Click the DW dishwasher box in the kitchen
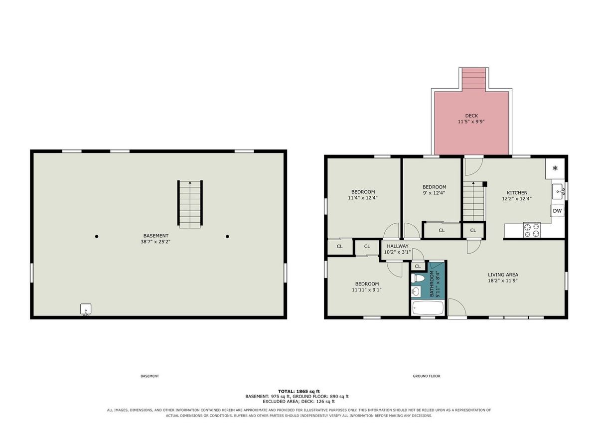pos(557,211)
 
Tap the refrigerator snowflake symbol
pos(555,168)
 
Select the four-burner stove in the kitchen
pos(532,230)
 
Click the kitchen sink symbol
pos(558,191)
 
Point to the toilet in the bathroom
pos(418,279)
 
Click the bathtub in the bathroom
pos(428,308)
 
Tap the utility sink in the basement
pos(86,309)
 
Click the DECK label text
pos(471,116)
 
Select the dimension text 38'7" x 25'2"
pos(155,242)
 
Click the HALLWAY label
pos(398,246)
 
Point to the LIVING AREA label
pos(503,275)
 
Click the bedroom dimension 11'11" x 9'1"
pos(367,290)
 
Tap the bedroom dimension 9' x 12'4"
pos(434,193)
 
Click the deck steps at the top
pos(474,80)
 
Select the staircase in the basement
pos(190,204)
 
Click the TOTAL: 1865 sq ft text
pos(299,392)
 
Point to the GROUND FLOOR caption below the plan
pos(427,376)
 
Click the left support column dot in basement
pos(97,237)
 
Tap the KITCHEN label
pos(517,193)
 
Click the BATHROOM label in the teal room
pos(432,283)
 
